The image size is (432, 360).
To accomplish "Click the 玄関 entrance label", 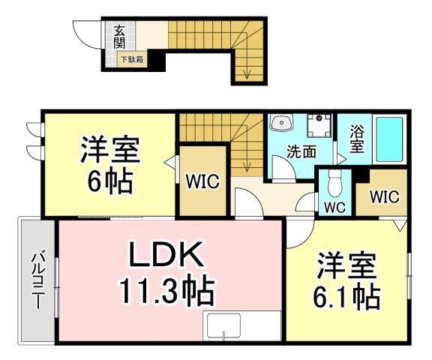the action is tap(119, 37).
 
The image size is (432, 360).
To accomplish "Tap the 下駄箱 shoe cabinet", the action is tap(132, 59).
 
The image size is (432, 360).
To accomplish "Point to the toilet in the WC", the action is tap(334, 183).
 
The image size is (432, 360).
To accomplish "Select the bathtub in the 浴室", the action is tap(389, 139).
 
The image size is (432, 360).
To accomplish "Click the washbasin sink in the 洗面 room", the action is tap(281, 122).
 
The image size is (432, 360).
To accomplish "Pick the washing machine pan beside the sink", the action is tap(319, 125).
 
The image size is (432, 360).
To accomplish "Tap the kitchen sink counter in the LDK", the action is tap(241, 326).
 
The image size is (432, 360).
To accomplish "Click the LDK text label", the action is tap(167, 253).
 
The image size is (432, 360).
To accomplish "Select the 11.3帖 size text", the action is tap(166, 292).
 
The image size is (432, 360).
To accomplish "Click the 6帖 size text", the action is tap(110, 181).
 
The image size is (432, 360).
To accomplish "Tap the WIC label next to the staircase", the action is tap(202, 181).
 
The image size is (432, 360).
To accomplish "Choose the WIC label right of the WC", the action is tap(384, 197).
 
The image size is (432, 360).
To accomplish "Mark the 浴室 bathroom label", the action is tap(357, 139).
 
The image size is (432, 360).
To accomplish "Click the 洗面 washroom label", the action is tap(301, 151).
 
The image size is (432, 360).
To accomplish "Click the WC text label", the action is tap(334, 208).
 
